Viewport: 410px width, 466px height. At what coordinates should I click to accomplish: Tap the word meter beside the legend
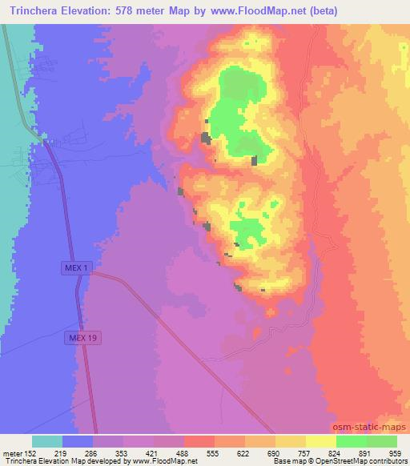click(x=10, y=452)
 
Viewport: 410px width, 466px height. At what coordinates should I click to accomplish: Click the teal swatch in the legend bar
click(x=46, y=441)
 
